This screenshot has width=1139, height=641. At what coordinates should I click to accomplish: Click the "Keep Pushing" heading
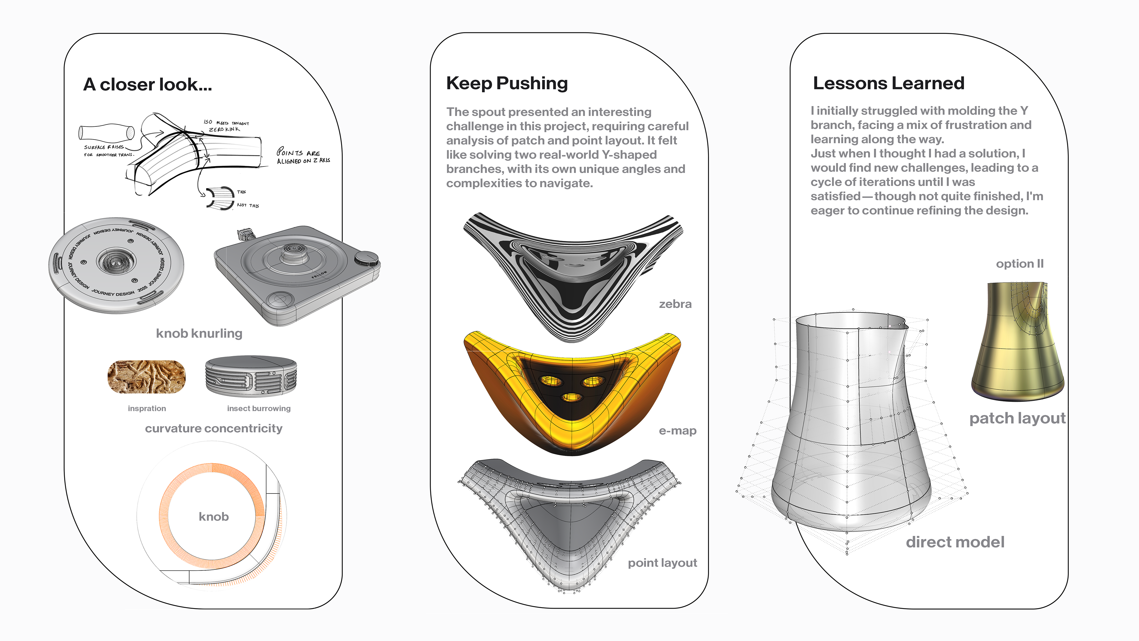(x=507, y=83)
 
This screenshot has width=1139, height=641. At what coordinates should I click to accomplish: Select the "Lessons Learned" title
(x=888, y=83)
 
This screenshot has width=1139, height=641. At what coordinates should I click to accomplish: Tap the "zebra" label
(x=675, y=304)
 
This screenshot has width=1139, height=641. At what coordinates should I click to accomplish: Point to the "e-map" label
(x=677, y=430)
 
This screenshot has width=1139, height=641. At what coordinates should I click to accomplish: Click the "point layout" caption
(x=662, y=563)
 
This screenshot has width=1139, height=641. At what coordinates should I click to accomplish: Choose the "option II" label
(x=1019, y=264)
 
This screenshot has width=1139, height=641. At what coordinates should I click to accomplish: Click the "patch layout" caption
(x=1017, y=418)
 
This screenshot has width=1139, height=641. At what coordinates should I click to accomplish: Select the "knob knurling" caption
(x=199, y=333)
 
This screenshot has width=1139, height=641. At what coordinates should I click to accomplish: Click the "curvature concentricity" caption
(x=214, y=428)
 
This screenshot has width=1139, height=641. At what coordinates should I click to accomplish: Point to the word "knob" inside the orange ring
(x=214, y=516)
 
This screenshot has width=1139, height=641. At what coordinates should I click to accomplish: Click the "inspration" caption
(x=147, y=408)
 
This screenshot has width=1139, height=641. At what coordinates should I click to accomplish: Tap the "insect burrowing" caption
(x=259, y=408)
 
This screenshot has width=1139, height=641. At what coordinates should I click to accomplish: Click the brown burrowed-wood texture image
(x=146, y=377)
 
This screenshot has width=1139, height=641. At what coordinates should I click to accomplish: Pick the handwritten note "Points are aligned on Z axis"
(x=303, y=156)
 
